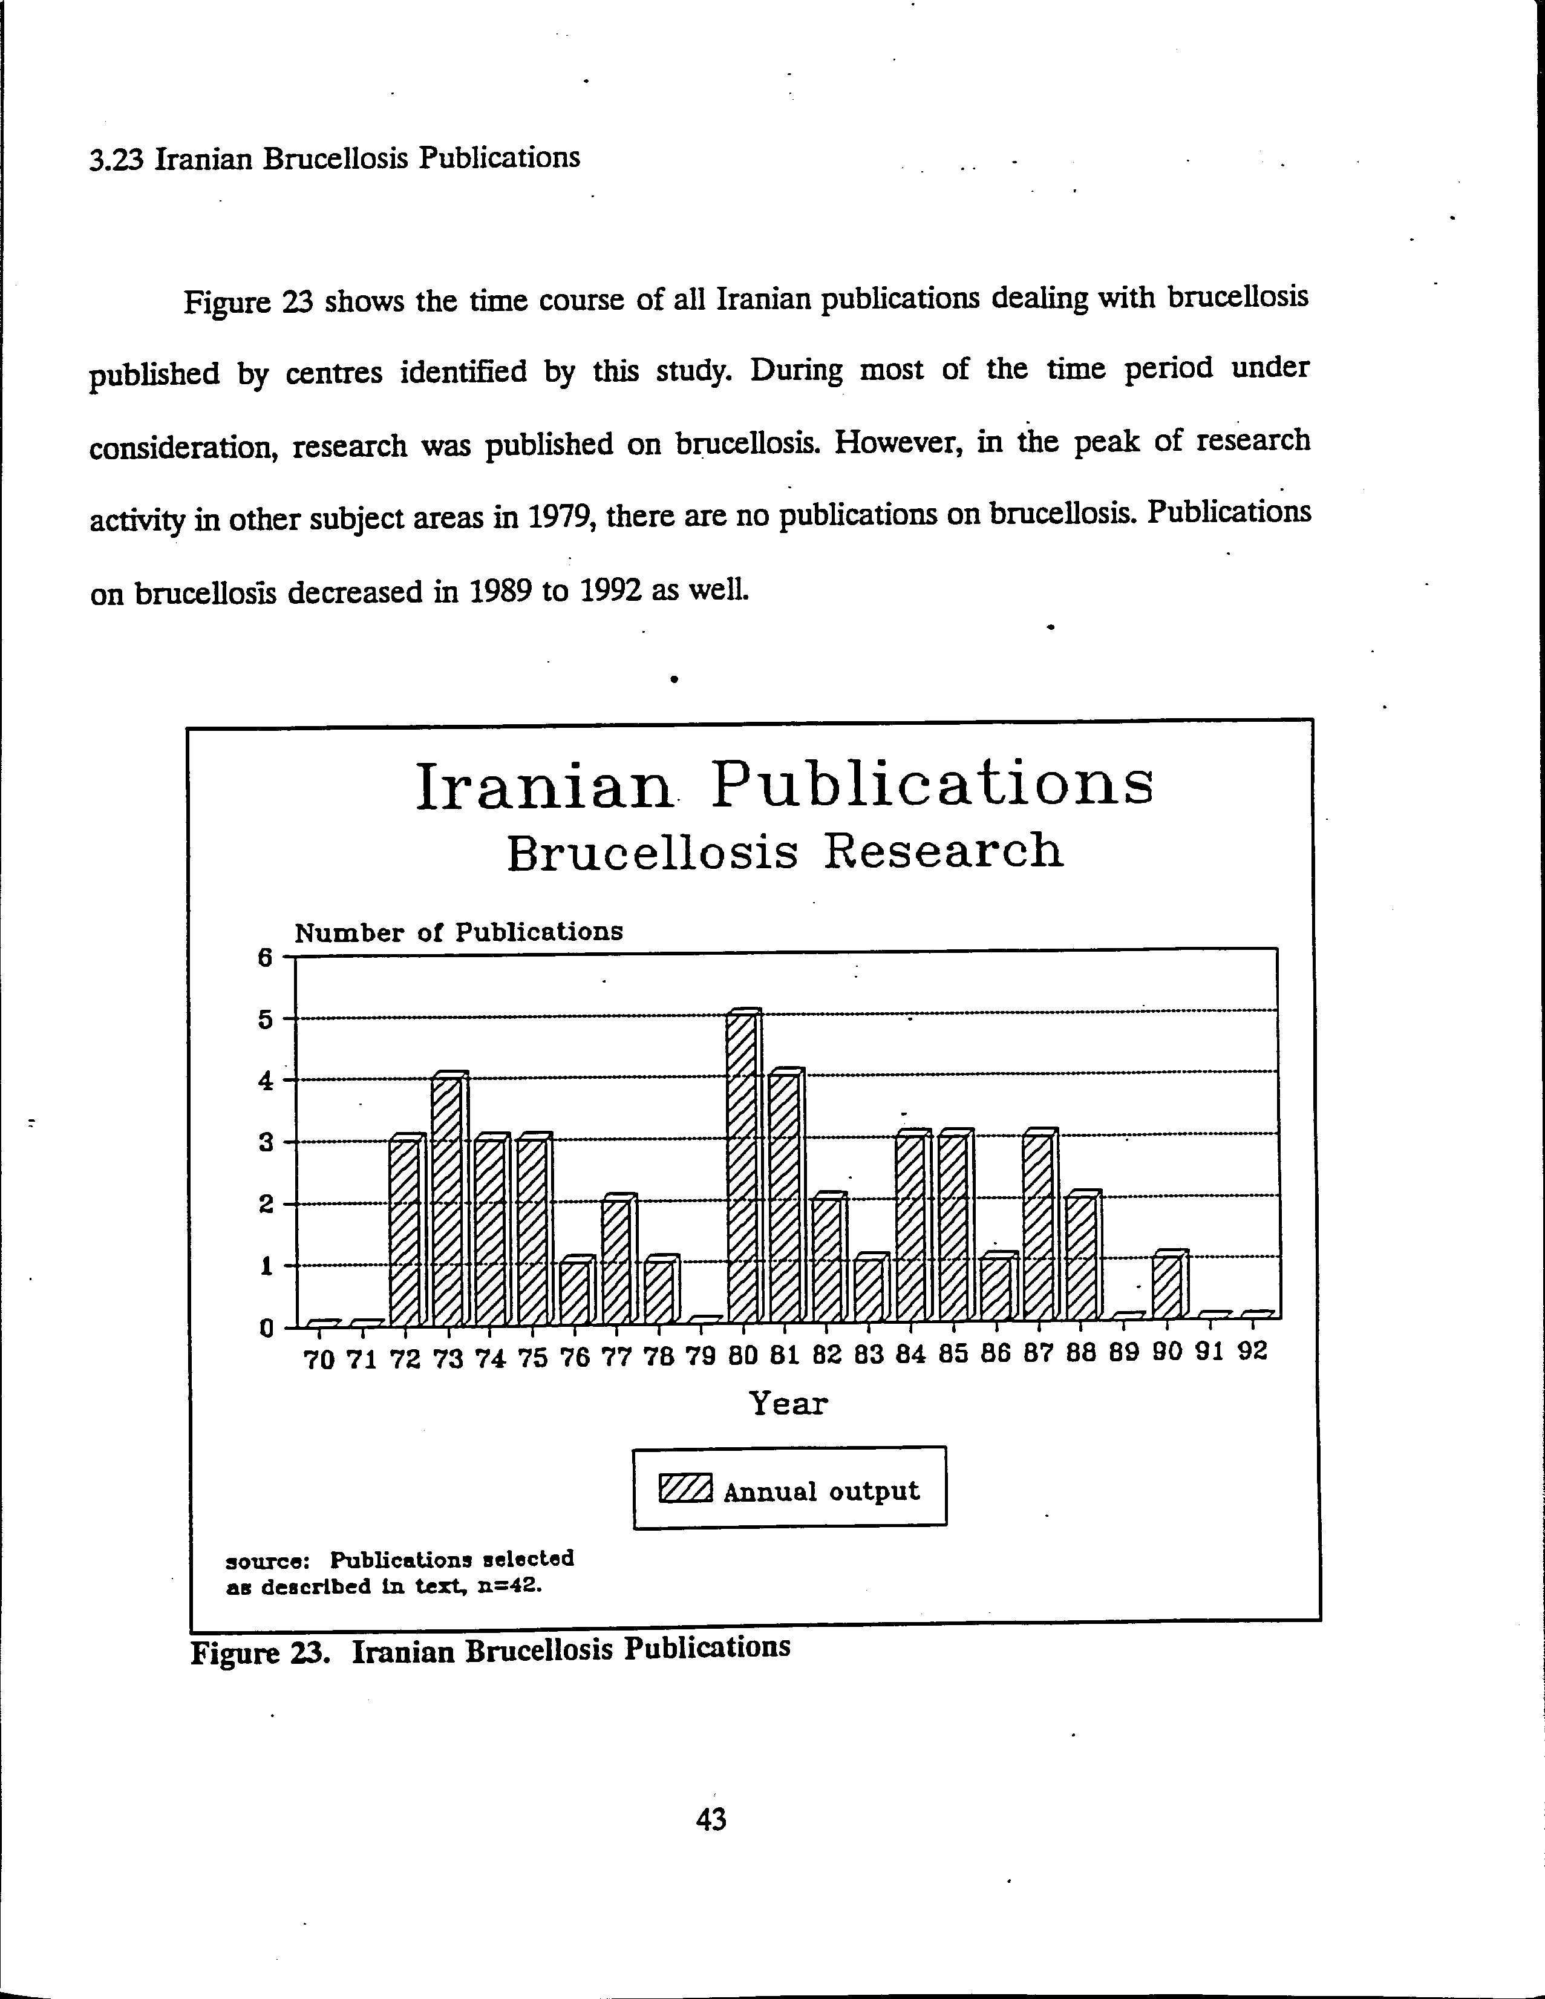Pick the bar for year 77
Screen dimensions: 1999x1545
point(618,1261)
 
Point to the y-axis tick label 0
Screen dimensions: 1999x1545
point(266,1328)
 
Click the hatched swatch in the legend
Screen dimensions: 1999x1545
point(685,1490)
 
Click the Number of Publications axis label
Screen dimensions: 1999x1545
point(459,933)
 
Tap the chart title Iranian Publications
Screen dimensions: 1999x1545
point(785,787)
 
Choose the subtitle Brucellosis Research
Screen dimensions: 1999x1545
point(785,852)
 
